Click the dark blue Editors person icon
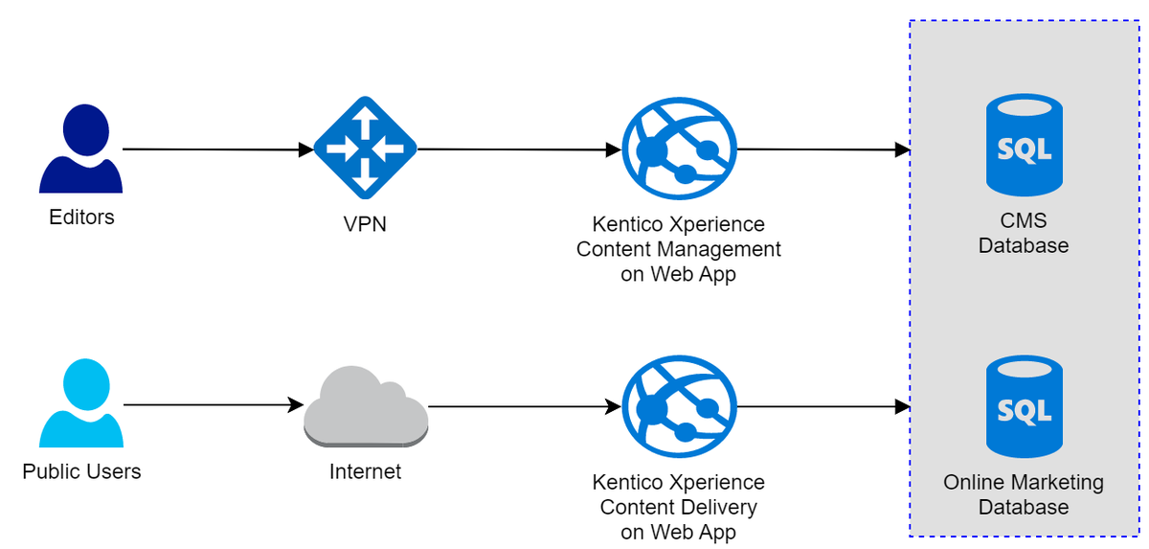point(80,150)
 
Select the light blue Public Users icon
point(80,403)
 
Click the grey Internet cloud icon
point(365,408)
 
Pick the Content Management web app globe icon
point(679,149)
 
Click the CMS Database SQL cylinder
point(1024,145)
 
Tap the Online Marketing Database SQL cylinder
point(1024,406)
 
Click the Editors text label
point(81,217)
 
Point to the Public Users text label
point(81,471)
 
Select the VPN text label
point(365,226)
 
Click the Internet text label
point(365,471)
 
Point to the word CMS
point(1024,221)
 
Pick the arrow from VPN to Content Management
point(518,149)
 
